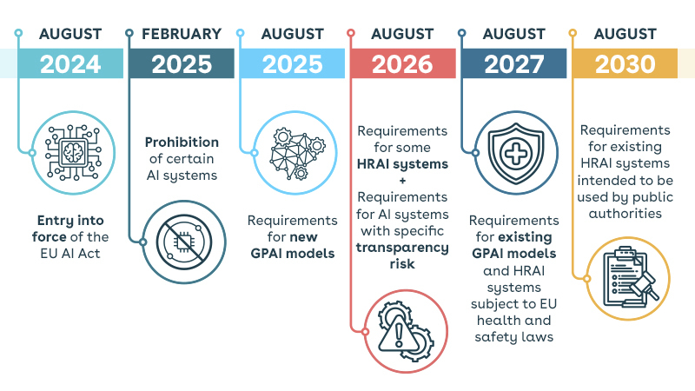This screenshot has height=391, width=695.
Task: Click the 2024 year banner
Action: (x=70, y=63)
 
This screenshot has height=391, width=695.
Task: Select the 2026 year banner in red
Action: (x=403, y=63)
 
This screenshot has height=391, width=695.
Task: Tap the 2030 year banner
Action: (x=625, y=63)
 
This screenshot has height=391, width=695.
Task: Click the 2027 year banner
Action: (x=514, y=63)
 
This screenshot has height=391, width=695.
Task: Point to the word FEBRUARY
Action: (x=182, y=34)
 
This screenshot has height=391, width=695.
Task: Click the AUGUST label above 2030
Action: (x=625, y=34)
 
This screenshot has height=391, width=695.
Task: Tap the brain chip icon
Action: (x=74, y=153)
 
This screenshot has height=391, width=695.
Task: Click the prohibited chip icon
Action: (x=184, y=242)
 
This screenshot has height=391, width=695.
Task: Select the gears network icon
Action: (x=295, y=153)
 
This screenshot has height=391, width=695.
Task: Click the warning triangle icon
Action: (x=406, y=331)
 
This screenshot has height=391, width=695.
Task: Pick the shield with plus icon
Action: (x=516, y=153)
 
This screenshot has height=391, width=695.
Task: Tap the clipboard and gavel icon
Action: (x=628, y=278)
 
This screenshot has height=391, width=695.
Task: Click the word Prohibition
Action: (x=182, y=142)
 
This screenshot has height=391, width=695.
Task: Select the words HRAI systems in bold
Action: (x=402, y=164)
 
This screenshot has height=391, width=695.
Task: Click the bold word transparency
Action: (x=402, y=248)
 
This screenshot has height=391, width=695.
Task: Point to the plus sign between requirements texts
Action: (x=402, y=181)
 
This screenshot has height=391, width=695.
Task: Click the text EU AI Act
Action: (x=70, y=254)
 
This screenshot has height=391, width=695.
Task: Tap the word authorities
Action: (x=625, y=214)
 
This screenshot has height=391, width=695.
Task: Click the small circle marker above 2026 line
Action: (x=351, y=33)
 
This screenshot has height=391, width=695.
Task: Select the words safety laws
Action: (x=514, y=337)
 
